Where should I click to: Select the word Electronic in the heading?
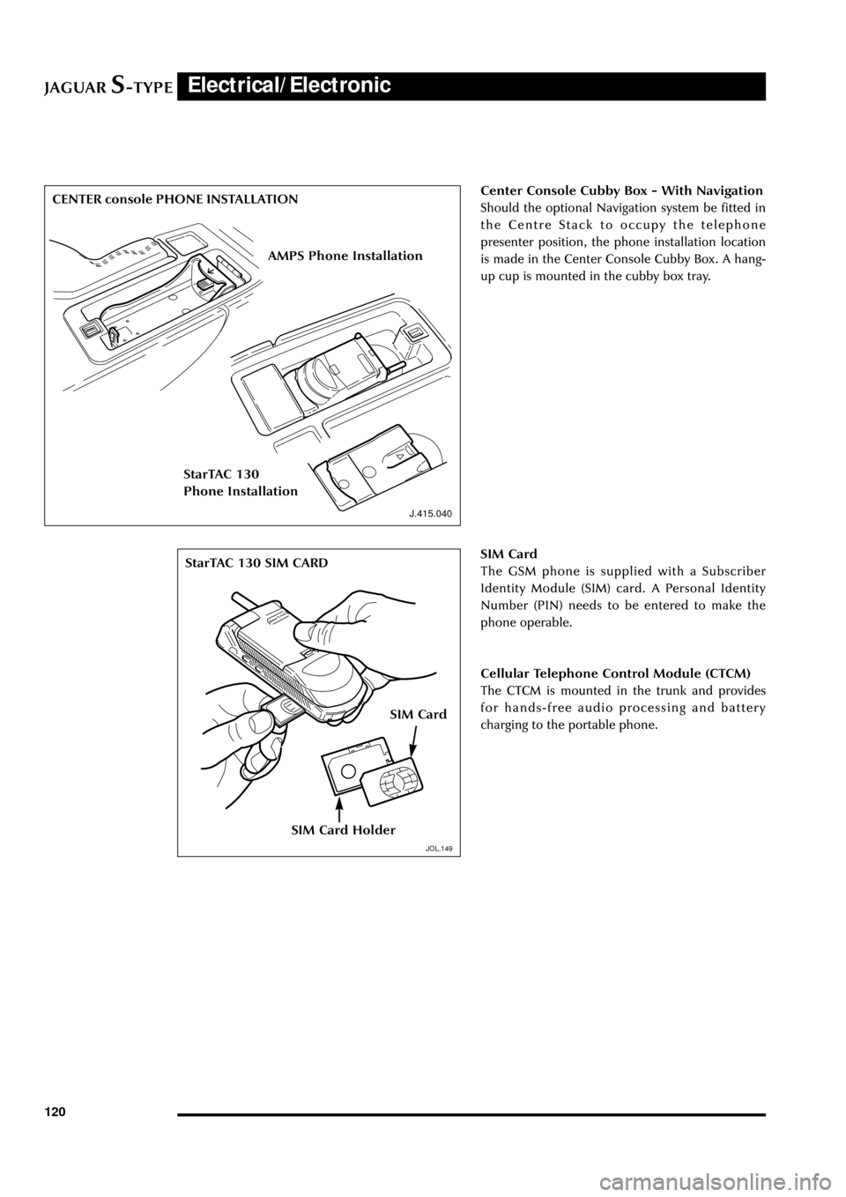[340, 85]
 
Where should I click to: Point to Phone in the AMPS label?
[328, 256]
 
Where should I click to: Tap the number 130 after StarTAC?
[248, 474]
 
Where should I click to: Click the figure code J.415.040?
[430, 514]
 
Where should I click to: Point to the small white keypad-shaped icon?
[292, 705]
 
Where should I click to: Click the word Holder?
[374, 830]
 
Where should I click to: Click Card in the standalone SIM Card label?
[432, 715]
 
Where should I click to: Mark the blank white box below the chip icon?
[424, 813]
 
